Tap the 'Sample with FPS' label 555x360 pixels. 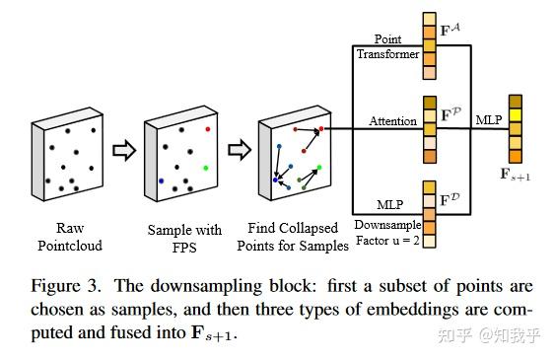click(178, 237)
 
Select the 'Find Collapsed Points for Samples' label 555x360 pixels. click(297, 237)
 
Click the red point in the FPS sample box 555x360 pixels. click(208, 128)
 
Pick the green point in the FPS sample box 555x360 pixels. click(205, 169)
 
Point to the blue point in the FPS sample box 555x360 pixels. click(161, 180)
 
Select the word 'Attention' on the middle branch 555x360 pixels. click(391, 122)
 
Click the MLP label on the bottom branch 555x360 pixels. click(392, 204)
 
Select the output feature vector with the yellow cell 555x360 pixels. click(516, 128)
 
